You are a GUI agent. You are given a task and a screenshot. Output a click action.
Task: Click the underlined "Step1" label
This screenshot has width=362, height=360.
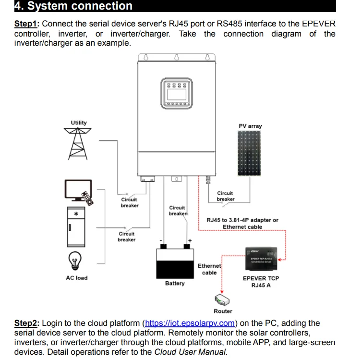[x=27, y=24]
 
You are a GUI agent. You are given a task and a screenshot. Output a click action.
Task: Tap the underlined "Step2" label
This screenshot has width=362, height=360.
[x=27, y=323]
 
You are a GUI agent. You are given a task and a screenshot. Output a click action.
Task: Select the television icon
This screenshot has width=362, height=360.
[x=77, y=191]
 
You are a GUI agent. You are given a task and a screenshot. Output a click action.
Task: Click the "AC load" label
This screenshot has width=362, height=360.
[x=77, y=278]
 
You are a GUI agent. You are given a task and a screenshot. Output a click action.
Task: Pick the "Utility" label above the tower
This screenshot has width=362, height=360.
[x=79, y=123]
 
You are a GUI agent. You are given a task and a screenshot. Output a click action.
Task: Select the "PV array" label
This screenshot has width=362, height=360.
[x=250, y=126]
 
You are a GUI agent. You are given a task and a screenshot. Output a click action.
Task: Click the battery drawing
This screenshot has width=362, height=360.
[x=175, y=261]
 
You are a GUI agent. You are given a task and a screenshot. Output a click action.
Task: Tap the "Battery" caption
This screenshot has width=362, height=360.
[x=175, y=284]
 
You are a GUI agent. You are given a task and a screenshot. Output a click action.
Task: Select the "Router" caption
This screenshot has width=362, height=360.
[x=223, y=311]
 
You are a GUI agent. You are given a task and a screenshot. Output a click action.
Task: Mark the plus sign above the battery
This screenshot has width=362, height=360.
[x=190, y=240]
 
